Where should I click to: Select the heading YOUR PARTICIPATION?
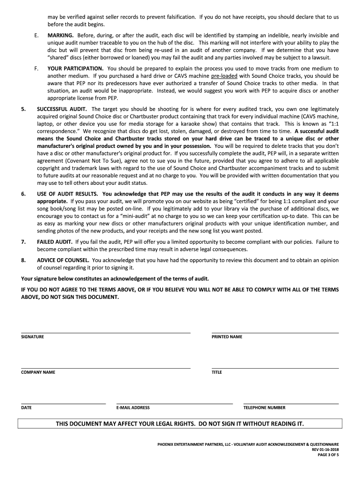point(76,68)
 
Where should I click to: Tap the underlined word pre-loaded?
point(224,75)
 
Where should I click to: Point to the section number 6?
point(23,194)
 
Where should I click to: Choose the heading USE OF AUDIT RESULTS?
point(67,194)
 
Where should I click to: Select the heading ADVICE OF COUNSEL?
point(63,260)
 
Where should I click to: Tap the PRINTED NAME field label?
point(227,337)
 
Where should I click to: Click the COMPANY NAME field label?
point(38,372)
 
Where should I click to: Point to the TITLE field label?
point(216,372)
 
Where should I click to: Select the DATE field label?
point(26,407)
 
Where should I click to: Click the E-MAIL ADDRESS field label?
point(133,407)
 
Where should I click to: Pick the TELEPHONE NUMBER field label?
point(264,407)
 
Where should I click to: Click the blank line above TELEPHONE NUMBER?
point(291,403)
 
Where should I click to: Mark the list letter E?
point(36,35)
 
